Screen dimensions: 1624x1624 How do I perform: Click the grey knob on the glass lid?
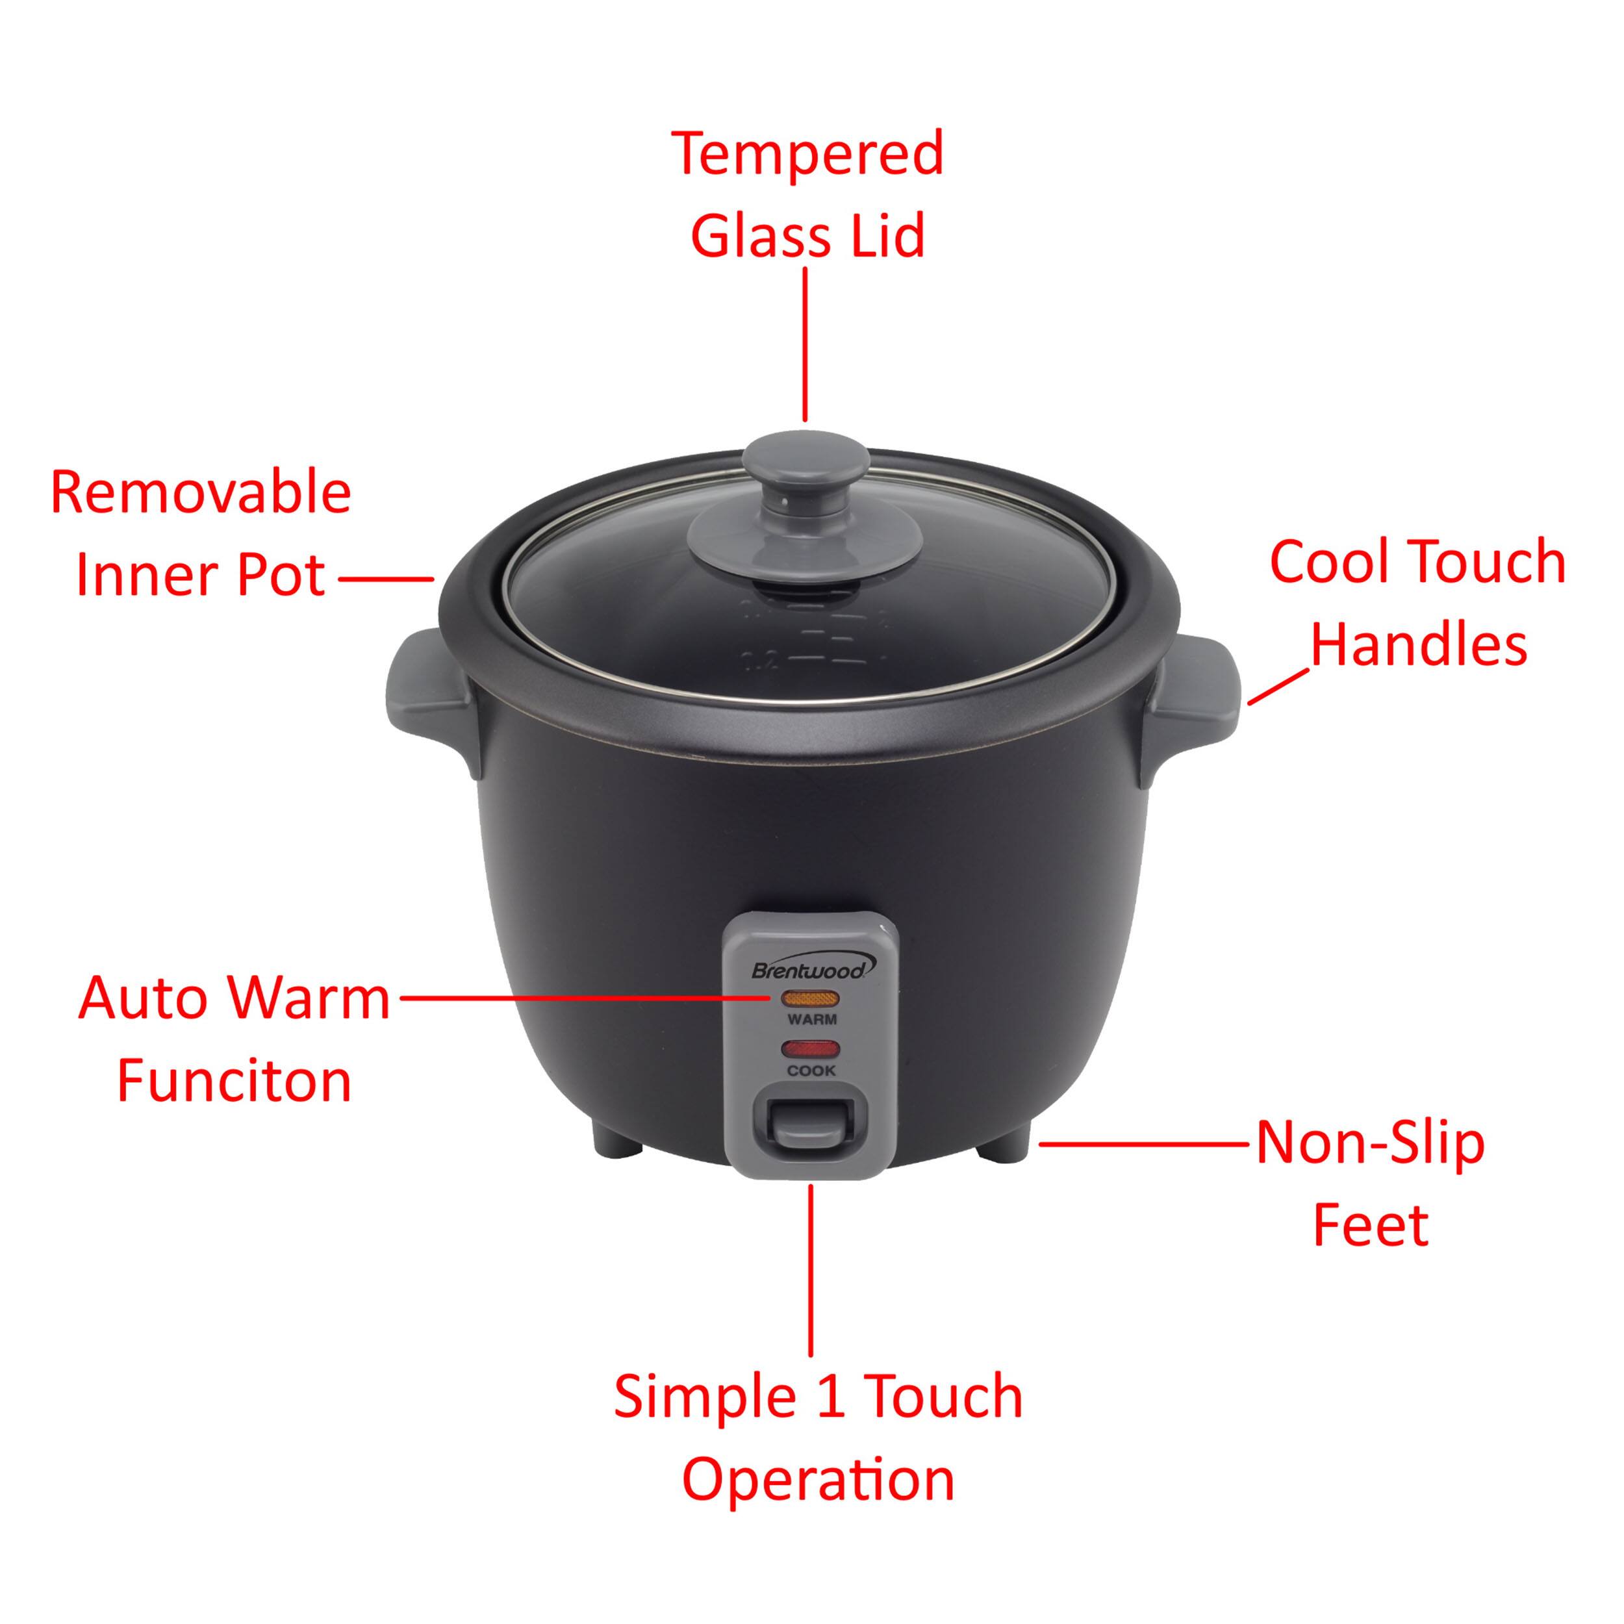point(806,504)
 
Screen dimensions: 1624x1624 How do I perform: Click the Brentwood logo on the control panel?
point(807,971)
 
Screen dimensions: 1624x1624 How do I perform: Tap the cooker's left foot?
point(618,1140)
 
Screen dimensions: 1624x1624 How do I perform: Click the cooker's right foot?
point(1006,1144)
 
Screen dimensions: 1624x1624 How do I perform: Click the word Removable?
point(201,494)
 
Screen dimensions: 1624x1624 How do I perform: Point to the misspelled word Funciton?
point(234,1082)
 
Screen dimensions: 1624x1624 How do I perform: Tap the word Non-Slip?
point(1370,1144)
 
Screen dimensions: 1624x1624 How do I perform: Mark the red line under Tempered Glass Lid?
point(806,345)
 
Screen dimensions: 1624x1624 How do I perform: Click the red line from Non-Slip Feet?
point(1143,1143)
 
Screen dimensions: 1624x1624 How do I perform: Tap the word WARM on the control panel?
point(812,1020)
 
